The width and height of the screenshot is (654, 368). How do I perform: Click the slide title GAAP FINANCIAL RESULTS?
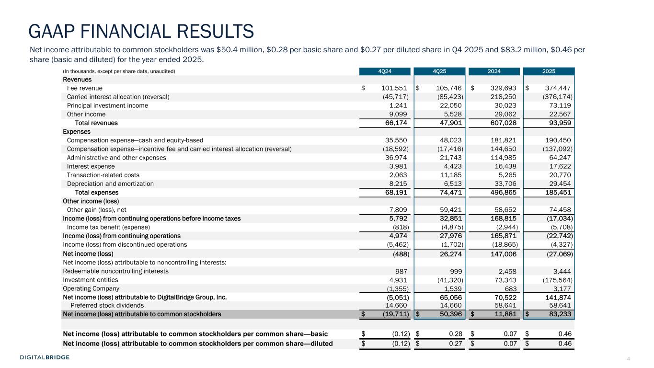tap(141, 31)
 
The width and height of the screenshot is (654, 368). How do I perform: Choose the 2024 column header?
tap(494, 71)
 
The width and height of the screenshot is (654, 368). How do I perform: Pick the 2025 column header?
tap(549, 71)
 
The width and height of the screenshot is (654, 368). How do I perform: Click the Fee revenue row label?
tap(85, 88)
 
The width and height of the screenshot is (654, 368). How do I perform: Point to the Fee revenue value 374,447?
tap(557, 88)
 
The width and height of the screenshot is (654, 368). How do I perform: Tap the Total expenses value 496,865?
tap(504, 193)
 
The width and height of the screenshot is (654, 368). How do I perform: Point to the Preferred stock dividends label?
tap(107, 305)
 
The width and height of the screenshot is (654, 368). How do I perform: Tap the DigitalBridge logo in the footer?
tap(45, 357)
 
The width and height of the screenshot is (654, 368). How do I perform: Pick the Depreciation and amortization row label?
tap(111, 184)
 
